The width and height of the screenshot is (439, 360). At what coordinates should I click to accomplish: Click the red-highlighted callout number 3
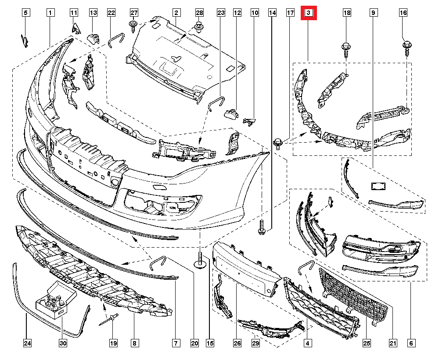coord(308,13)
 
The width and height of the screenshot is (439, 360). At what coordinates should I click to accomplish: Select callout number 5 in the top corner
coord(25,13)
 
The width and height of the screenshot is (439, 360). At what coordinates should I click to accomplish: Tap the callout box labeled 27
coord(134,13)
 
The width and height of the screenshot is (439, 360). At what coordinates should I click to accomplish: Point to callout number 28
coord(199,13)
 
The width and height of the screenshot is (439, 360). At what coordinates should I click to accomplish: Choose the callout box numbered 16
coord(403,13)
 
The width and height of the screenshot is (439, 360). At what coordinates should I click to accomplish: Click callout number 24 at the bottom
coord(27,342)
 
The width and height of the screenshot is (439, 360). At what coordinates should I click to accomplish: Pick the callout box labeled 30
coord(63,342)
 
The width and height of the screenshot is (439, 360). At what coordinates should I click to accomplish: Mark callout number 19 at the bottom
coord(113,342)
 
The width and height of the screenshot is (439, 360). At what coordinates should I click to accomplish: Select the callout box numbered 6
coord(411,342)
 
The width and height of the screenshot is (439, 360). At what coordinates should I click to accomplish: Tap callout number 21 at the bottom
coord(393,342)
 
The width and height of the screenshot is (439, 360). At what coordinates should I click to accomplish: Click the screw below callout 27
coord(133,26)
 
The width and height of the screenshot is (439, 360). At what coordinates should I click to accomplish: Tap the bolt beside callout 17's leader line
coord(278,143)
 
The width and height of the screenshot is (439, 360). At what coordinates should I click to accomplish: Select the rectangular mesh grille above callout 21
coord(353,296)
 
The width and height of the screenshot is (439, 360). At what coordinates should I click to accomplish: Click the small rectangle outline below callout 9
coord(378,186)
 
